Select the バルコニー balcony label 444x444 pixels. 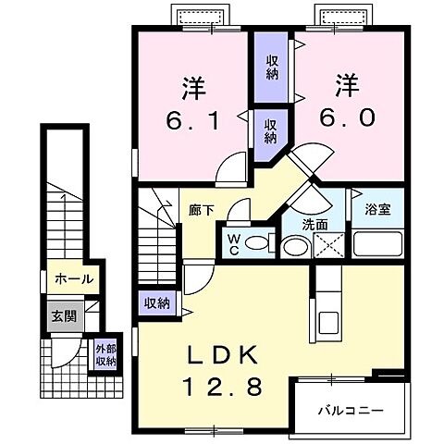click(351, 408)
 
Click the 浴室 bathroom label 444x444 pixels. click(376, 210)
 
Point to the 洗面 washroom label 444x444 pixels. click(314, 225)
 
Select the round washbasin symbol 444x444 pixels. click(296, 245)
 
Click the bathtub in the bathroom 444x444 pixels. click(376, 245)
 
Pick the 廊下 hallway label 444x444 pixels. click(203, 210)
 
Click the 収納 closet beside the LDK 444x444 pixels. click(156, 302)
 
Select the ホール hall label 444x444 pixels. click(73, 278)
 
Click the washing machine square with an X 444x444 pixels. click(329, 245)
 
